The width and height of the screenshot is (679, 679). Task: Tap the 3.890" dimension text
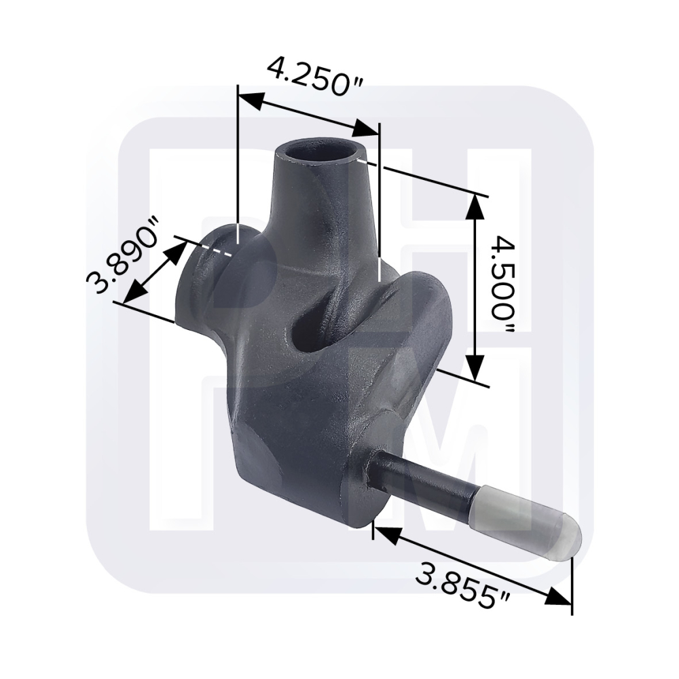124,255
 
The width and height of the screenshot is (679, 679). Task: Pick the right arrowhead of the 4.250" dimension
366,128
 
